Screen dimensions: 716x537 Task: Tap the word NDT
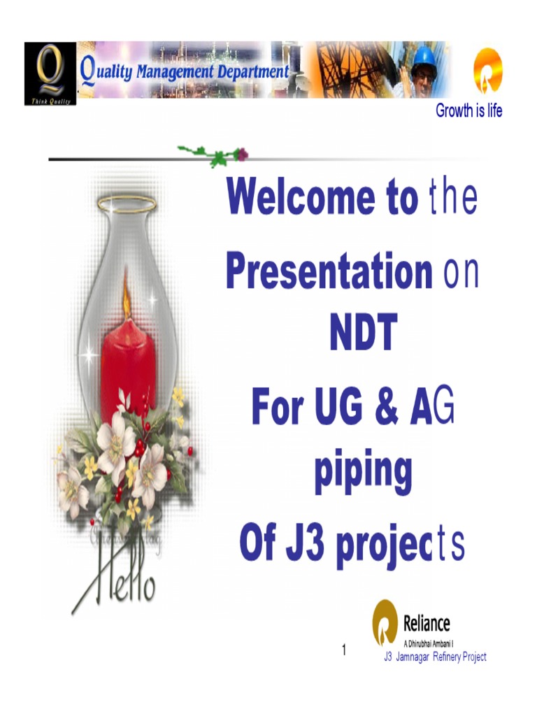click(363, 334)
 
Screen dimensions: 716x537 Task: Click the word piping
click(362, 472)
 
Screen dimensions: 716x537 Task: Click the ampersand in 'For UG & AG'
click(386, 409)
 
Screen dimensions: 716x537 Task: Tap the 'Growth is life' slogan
click(468, 110)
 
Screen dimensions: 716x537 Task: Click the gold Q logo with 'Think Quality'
click(50, 72)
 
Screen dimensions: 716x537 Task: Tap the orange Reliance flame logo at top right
click(487, 71)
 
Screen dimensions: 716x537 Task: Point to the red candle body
click(128, 367)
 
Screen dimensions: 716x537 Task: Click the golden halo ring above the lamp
click(127, 204)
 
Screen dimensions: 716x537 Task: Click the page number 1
click(344, 650)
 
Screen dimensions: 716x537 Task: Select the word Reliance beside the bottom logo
click(427, 624)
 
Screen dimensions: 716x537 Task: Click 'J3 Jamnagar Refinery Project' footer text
click(435, 657)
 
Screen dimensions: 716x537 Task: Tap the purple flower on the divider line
click(241, 154)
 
